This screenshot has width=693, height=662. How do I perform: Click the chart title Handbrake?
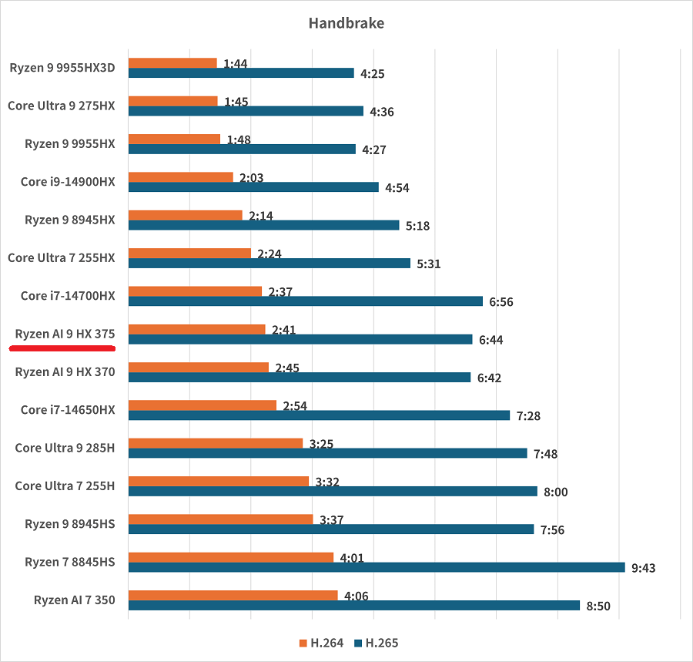point(346,23)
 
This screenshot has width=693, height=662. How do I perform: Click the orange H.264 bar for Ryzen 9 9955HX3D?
point(172,63)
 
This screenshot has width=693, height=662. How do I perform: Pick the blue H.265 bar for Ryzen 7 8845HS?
point(377,567)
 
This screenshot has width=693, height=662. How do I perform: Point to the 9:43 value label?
point(643,568)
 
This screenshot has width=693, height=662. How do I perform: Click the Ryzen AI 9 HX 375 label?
point(65,334)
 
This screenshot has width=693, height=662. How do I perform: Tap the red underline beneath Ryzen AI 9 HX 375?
point(62,348)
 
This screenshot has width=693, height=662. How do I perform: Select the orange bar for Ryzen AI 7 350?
point(233,595)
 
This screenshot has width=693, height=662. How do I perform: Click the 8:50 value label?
point(598,606)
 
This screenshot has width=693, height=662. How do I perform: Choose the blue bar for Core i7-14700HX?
point(305,301)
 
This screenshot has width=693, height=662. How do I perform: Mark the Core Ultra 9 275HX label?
point(62,106)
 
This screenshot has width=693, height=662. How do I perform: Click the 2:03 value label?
point(251,177)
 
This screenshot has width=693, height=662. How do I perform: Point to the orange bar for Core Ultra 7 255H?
point(218,481)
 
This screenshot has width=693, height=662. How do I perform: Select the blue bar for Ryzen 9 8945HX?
point(263,225)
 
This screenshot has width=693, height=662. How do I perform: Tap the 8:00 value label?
point(554,492)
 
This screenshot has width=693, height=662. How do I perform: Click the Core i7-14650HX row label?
point(68,410)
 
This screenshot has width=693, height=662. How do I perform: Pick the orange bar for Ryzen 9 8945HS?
point(220,519)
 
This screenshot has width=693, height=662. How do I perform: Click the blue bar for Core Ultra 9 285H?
point(327,453)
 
